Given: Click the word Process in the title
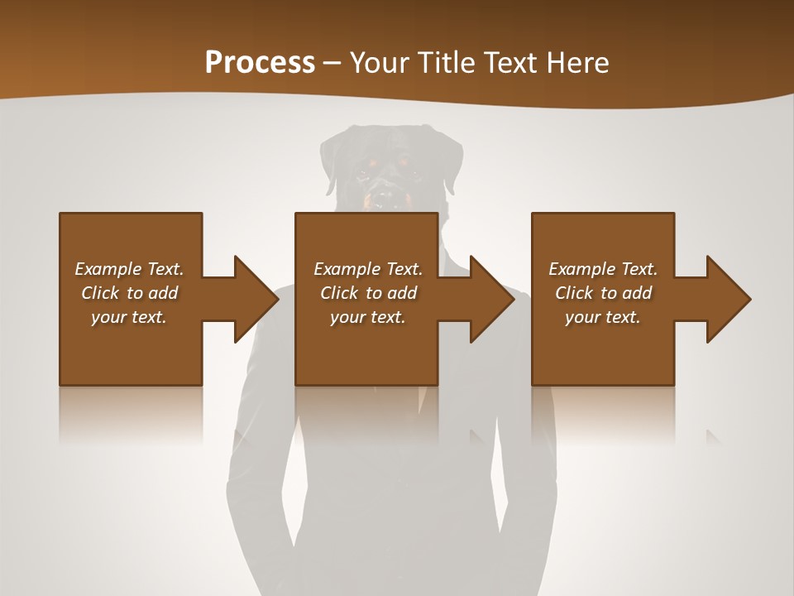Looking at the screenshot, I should (260, 63).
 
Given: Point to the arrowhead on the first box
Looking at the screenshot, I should (256, 299).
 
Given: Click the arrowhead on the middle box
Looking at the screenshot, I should (492, 299).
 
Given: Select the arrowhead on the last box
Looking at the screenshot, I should (729, 299).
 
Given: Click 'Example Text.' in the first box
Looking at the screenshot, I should (129, 269).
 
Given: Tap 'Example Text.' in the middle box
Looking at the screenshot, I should (367, 269).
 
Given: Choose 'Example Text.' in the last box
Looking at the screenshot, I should (603, 269).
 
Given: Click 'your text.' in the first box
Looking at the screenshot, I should (129, 317).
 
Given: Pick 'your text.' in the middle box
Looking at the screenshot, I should (367, 317).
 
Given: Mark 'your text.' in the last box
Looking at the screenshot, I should (603, 317).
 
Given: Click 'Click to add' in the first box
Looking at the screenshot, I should (129, 293).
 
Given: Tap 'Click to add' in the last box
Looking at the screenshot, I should (603, 293).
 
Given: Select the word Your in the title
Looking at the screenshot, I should (380, 63).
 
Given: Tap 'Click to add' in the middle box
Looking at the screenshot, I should (367, 293).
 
